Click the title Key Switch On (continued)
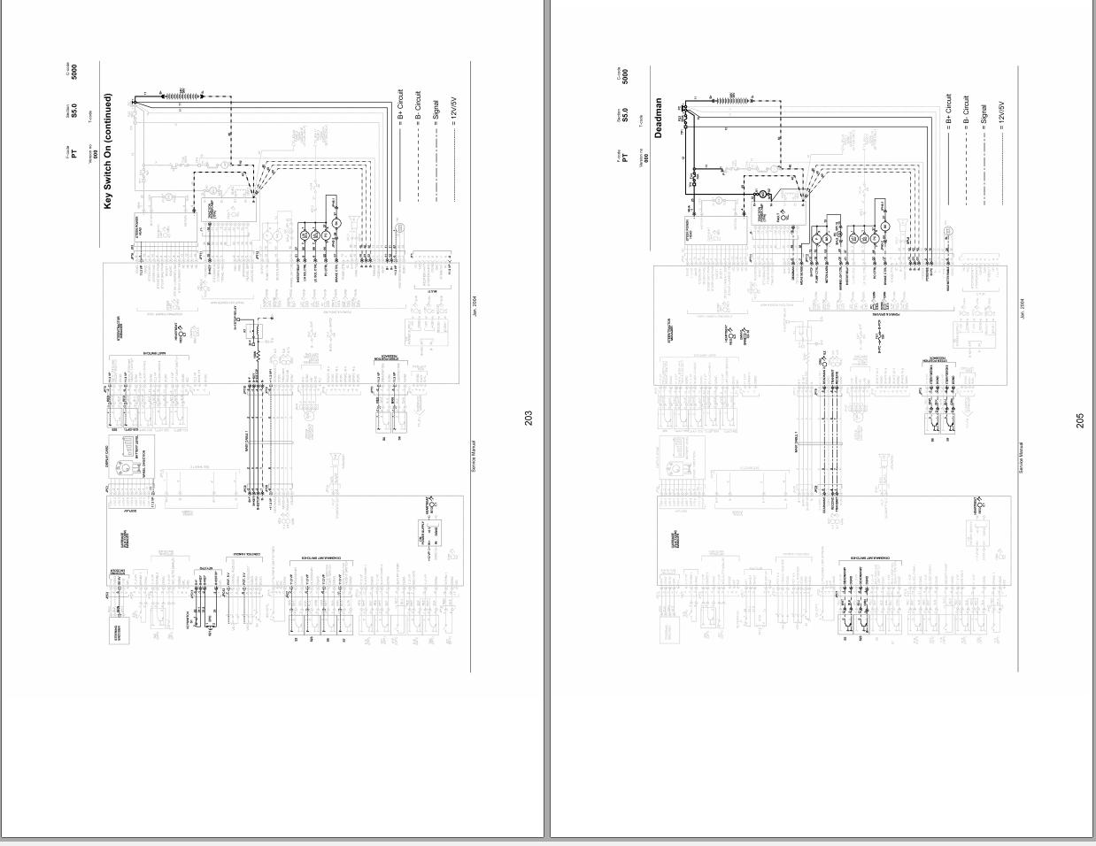point(108,152)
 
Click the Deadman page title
point(658,118)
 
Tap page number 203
point(529,419)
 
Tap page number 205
point(1080,421)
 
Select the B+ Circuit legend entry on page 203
point(400,104)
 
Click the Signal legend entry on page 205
point(984,114)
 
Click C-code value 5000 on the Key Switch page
point(74,72)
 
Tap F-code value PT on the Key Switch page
point(74,153)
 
